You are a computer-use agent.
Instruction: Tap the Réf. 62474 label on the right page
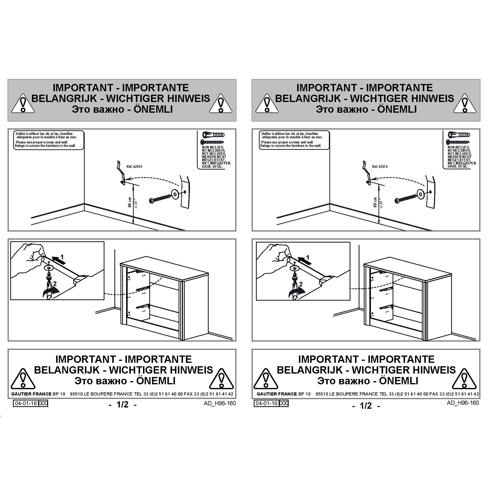click(380, 167)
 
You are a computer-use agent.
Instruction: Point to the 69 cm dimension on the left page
click(130, 202)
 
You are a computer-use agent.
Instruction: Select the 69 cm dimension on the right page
click(375, 202)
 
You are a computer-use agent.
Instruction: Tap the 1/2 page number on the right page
click(366, 406)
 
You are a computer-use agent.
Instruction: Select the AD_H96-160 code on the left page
click(220, 403)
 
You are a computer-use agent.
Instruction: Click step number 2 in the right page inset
click(301, 285)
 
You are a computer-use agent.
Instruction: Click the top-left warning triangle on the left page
click(23, 103)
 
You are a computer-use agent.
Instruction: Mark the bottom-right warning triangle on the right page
click(465, 378)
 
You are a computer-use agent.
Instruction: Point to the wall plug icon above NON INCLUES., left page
click(213, 135)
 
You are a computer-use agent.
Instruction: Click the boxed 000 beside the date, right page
click(284, 403)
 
